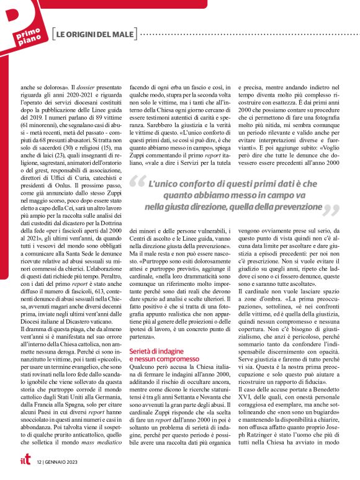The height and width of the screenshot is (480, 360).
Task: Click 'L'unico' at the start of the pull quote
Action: click(x=163, y=184)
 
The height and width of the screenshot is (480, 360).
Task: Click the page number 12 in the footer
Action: click(x=38, y=462)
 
